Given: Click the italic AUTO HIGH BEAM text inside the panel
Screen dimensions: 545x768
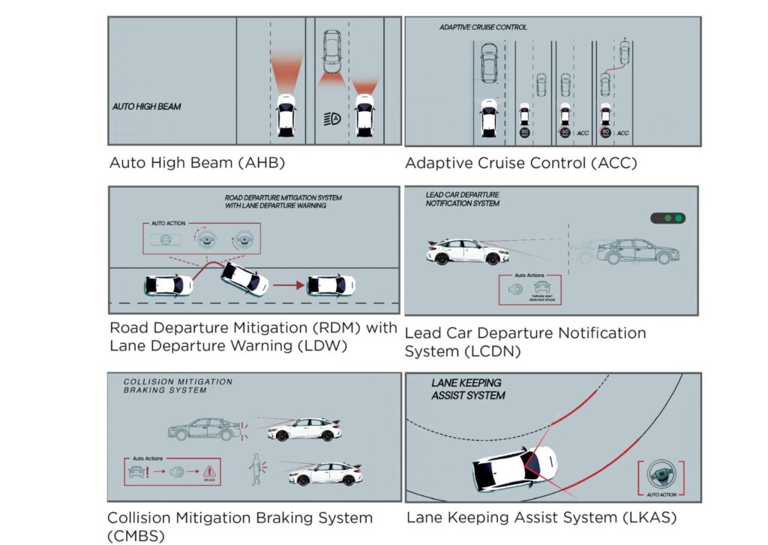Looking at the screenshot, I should coord(146,107).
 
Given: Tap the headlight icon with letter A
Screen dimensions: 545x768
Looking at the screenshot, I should coord(331,118).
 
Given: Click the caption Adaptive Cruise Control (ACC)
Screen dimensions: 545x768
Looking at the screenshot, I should coord(516,163).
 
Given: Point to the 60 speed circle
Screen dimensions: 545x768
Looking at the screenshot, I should coord(564,133).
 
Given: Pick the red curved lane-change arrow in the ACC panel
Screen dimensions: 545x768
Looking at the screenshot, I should coord(613,69).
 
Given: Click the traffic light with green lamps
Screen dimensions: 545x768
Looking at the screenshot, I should coord(668,218).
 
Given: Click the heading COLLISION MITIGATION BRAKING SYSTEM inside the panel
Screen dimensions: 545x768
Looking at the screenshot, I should coord(178,386).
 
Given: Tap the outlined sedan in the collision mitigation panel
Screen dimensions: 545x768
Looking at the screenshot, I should coord(204,429).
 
